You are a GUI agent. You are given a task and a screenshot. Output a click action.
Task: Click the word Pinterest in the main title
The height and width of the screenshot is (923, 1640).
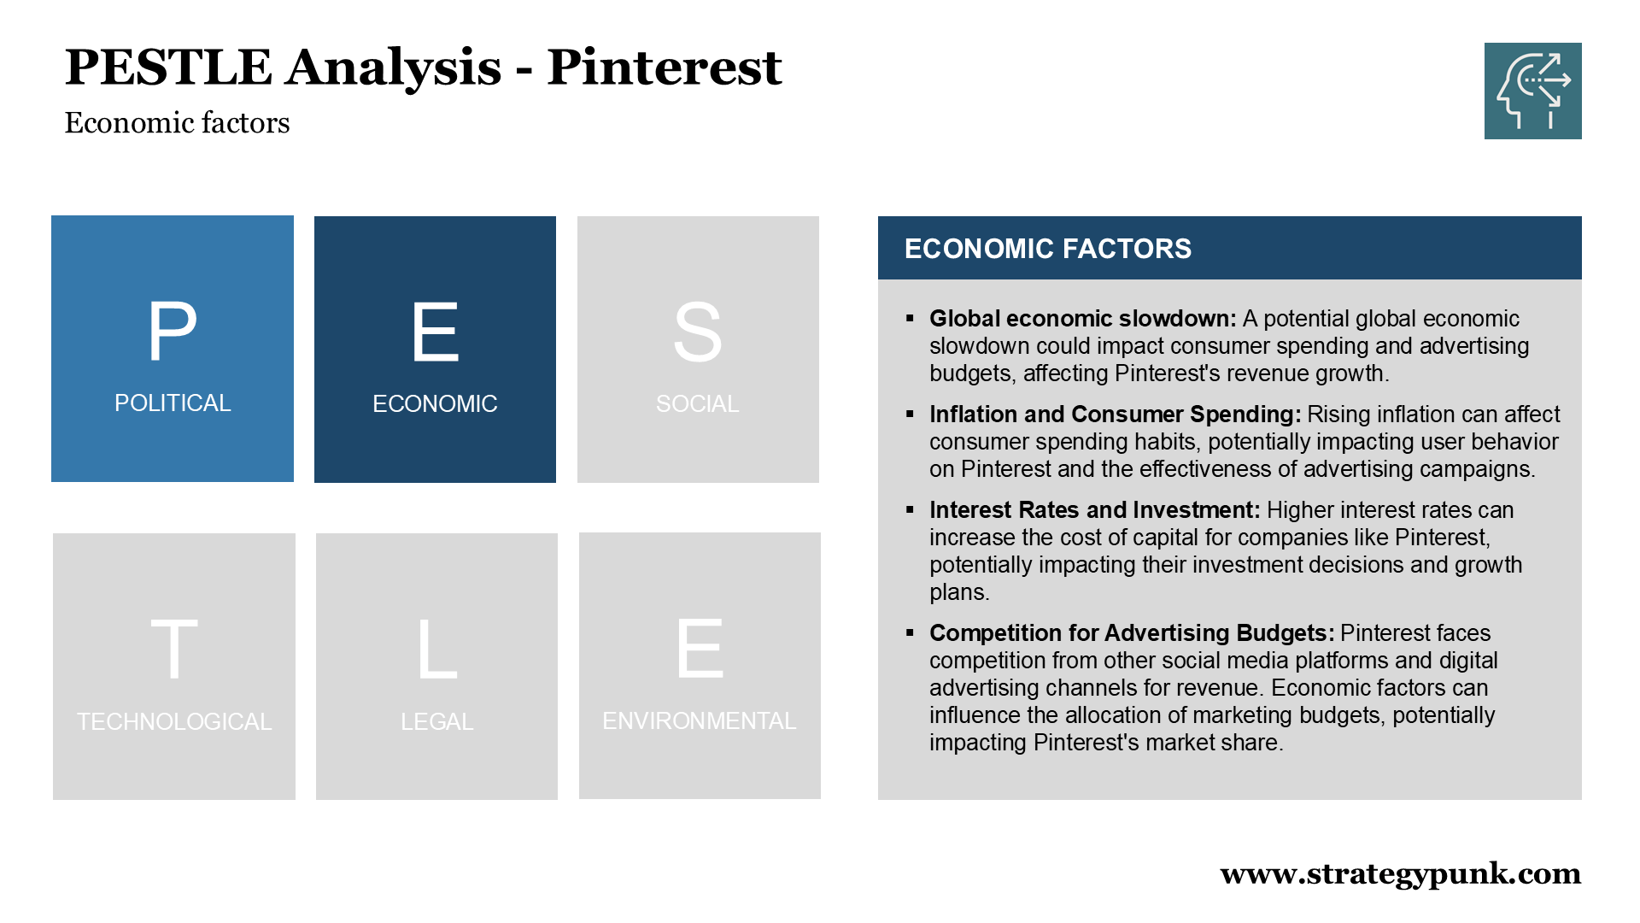pyautogui.click(x=664, y=68)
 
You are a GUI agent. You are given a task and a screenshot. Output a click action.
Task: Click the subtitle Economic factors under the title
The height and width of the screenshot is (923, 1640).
pyautogui.click(x=177, y=123)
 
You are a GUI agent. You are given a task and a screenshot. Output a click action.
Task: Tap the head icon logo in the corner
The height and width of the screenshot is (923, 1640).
pyautogui.click(x=1532, y=91)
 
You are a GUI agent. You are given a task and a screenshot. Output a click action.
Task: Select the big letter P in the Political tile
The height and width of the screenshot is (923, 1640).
pyautogui.click(x=173, y=331)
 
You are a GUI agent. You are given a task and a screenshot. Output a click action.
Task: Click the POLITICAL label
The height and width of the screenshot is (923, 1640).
pyautogui.click(x=173, y=403)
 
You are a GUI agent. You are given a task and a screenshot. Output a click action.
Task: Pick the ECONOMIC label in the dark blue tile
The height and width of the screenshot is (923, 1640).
pyautogui.click(x=435, y=404)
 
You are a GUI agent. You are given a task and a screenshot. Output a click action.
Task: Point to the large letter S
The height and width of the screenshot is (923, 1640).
pyautogui.click(x=698, y=332)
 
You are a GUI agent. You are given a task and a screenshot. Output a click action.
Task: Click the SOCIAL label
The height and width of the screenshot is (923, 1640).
pyautogui.click(x=698, y=404)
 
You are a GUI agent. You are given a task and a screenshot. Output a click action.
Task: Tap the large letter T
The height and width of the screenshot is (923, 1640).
pyautogui.click(x=174, y=650)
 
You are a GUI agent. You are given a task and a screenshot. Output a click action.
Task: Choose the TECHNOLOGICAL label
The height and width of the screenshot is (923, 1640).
pyautogui.click(x=174, y=722)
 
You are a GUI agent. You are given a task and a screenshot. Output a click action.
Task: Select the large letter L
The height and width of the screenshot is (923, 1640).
pyautogui.click(x=437, y=650)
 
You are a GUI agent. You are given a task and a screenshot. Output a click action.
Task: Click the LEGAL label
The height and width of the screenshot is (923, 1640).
pyautogui.click(x=437, y=722)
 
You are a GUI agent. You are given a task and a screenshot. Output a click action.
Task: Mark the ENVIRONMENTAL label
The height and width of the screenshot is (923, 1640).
pyautogui.click(x=700, y=721)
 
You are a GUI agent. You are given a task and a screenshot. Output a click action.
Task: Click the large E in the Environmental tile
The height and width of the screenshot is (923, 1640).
pyautogui.click(x=700, y=649)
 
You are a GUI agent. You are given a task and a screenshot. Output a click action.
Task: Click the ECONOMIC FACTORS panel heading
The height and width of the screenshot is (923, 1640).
pyautogui.click(x=1048, y=249)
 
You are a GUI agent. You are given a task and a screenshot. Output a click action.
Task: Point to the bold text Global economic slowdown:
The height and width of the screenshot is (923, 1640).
pyautogui.click(x=1083, y=319)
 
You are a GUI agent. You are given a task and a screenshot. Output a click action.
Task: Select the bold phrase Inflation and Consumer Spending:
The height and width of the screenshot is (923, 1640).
pyautogui.click(x=1116, y=414)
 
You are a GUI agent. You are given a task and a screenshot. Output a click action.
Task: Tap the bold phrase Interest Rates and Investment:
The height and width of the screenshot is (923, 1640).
pyautogui.click(x=1095, y=510)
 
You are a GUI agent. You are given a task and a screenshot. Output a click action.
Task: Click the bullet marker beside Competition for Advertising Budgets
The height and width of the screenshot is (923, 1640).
pyautogui.click(x=910, y=632)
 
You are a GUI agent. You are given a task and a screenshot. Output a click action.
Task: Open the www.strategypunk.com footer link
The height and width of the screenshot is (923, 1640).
pyautogui.click(x=1401, y=873)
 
